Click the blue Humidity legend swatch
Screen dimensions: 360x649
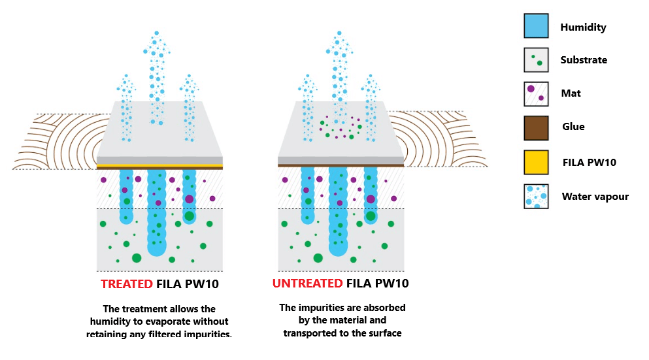[x=536, y=26]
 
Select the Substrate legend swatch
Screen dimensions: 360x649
[x=536, y=59]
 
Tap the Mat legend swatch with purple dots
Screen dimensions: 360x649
[x=536, y=93]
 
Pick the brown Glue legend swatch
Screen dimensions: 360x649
[x=536, y=127]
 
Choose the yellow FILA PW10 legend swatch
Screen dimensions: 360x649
[x=536, y=161]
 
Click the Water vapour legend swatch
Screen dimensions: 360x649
[x=536, y=195]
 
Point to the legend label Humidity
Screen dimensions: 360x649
[x=583, y=27]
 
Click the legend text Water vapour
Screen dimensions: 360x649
[x=595, y=196]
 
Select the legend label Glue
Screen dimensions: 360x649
[x=573, y=127]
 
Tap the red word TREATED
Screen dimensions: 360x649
[x=126, y=284]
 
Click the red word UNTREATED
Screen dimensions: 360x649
[x=307, y=284]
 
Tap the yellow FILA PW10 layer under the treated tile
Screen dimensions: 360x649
[x=159, y=166]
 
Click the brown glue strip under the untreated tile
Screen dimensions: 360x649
[x=341, y=166]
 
